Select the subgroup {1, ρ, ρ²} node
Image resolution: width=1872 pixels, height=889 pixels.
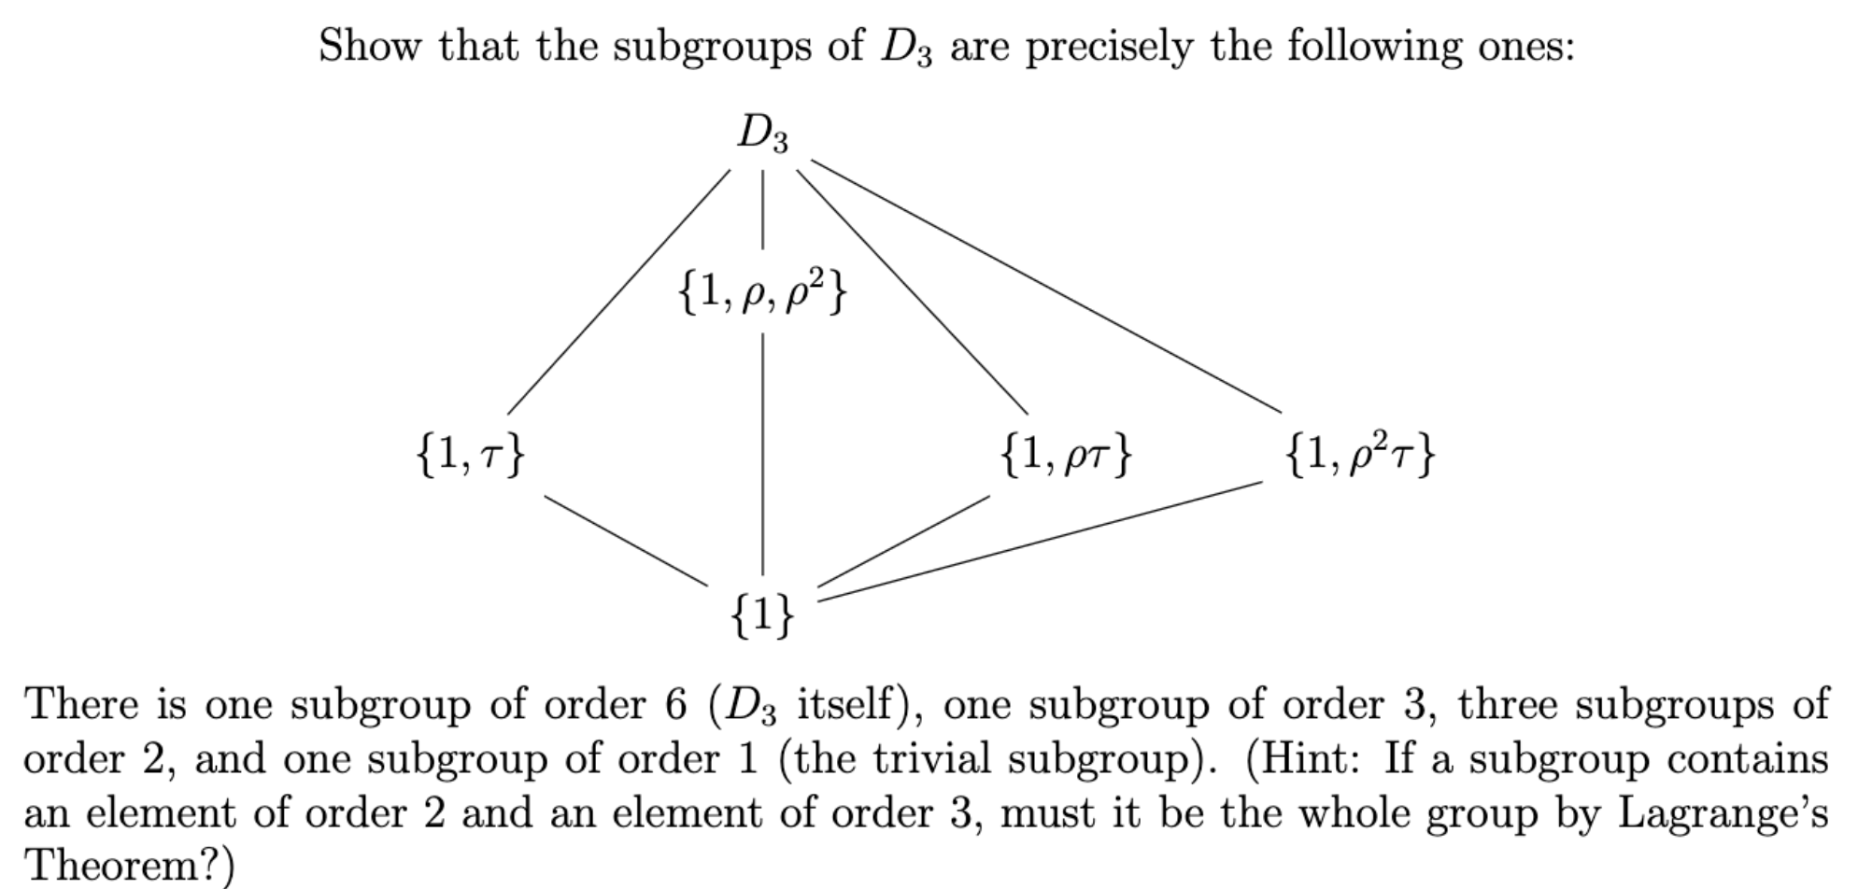click(762, 293)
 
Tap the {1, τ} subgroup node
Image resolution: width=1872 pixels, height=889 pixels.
click(470, 455)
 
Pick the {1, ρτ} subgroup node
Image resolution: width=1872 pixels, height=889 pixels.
click(1066, 455)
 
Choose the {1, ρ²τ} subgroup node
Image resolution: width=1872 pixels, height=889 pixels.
click(1360, 455)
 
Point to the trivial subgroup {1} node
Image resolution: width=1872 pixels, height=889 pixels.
click(762, 614)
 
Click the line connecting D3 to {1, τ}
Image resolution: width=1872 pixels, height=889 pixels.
click(618, 292)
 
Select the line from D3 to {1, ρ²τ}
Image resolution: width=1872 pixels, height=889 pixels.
click(1046, 287)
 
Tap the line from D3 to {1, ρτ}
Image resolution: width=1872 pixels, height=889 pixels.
click(912, 292)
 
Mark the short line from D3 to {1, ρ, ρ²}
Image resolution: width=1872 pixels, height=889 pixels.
click(762, 209)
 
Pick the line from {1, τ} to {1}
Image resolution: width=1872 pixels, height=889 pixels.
click(627, 542)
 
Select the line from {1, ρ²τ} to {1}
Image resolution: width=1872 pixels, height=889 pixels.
click(1040, 541)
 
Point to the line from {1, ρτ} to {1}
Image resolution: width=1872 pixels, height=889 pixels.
click(903, 542)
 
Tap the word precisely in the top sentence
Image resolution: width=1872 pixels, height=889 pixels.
click(1109, 47)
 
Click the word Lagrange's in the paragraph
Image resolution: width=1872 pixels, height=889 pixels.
click(1723, 813)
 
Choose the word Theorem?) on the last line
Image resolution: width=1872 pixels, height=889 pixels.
click(129, 866)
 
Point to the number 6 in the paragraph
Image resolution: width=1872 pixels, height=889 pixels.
click(675, 704)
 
